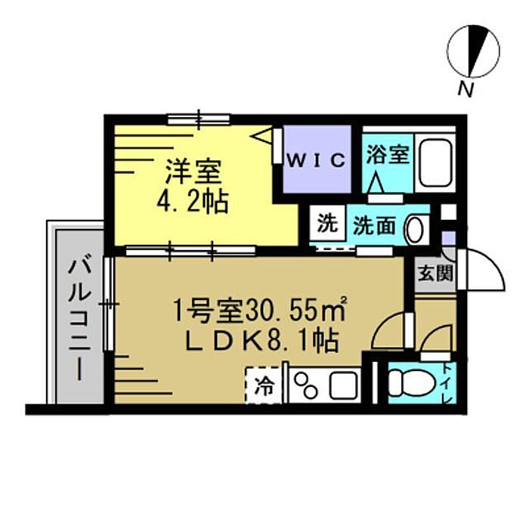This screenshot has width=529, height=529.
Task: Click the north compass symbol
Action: point(473,51)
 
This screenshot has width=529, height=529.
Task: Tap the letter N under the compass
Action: point(466,89)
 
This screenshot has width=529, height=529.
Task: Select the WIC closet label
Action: point(317,160)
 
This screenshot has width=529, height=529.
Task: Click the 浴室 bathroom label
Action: point(388,154)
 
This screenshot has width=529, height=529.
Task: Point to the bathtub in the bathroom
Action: point(435,163)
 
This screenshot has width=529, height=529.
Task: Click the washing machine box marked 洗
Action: point(327,223)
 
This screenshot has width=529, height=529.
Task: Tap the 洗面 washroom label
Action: point(374,225)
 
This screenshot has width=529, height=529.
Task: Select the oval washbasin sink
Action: point(415,230)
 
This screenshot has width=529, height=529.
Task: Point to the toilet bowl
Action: point(410,383)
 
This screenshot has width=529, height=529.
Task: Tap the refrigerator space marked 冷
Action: point(264,385)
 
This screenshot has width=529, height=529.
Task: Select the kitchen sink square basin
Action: point(343,385)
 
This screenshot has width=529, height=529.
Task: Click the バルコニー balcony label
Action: point(79,318)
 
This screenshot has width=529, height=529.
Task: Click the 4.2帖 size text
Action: point(193,202)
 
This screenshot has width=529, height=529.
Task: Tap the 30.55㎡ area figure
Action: point(296,310)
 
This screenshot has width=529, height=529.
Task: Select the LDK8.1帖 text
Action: point(261,341)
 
